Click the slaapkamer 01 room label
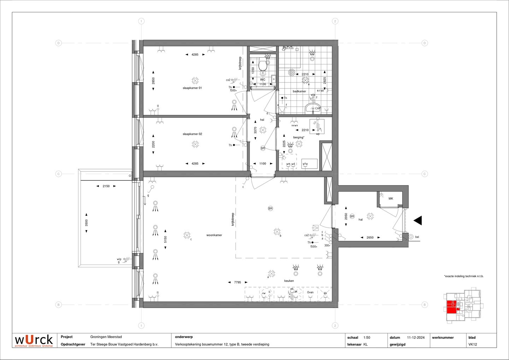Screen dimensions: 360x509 click(x=192, y=88)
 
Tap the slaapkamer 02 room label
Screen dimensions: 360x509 click(x=192, y=134)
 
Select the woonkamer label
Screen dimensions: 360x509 click(x=214, y=235)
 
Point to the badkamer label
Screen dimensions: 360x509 click(x=299, y=91)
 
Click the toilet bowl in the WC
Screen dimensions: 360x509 click(x=263, y=65)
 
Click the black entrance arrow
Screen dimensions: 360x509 click(x=418, y=221)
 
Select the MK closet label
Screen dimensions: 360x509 click(x=391, y=199)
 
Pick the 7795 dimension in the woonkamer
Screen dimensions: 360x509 click(x=238, y=282)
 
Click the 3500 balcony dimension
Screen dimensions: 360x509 click(x=86, y=223)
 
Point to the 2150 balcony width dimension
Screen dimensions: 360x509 click(x=106, y=186)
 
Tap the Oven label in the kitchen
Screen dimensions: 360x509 click(x=310, y=292)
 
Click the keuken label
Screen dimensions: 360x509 click(x=289, y=281)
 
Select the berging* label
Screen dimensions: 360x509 click(x=298, y=138)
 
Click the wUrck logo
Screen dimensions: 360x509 click(x=34, y=340)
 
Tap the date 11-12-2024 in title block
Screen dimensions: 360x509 click(x=416, y=337)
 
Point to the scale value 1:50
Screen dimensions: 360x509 click(x=367, y=337)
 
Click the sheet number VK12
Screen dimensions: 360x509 click(x=473, y=344)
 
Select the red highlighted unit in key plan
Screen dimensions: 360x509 click(x=451, y=307)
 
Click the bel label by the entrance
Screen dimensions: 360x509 click(x=417, y=237)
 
